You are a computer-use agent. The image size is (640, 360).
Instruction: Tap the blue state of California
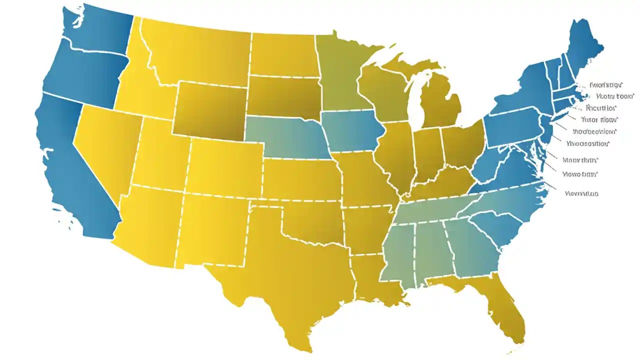(75, 165)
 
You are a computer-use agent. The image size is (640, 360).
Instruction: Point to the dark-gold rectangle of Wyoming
(210, 110)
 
